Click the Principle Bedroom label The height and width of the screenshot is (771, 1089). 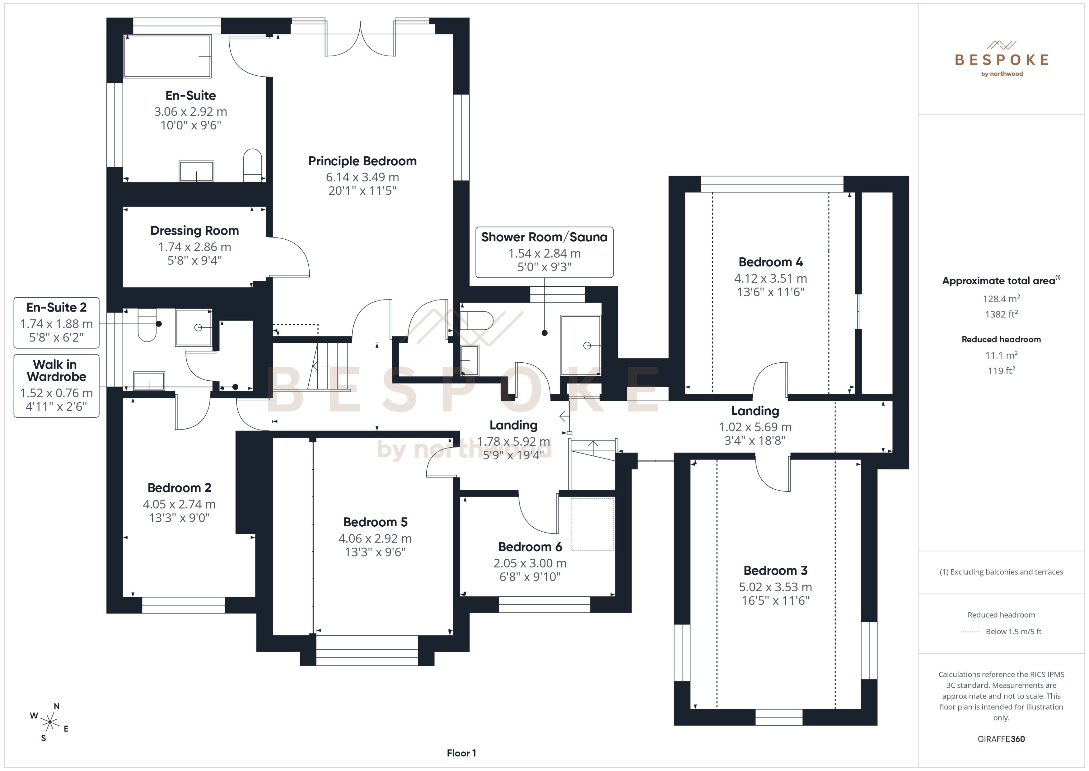click(362, 161)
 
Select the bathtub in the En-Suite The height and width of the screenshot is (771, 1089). click(167, 56)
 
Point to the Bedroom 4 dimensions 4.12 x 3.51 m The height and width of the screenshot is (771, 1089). click(770, 278)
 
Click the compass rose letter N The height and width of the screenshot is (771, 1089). click(56, 706)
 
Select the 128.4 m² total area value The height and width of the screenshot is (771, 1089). click(1001, 299)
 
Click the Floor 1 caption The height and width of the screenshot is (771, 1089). click(461, 753)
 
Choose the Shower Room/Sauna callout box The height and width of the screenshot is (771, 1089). click(544, 252)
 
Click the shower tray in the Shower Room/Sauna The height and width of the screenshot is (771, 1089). click(580, 345)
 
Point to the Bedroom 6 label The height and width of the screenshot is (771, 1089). click(530, 547)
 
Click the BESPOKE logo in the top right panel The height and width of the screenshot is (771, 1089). click(1001, 59)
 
